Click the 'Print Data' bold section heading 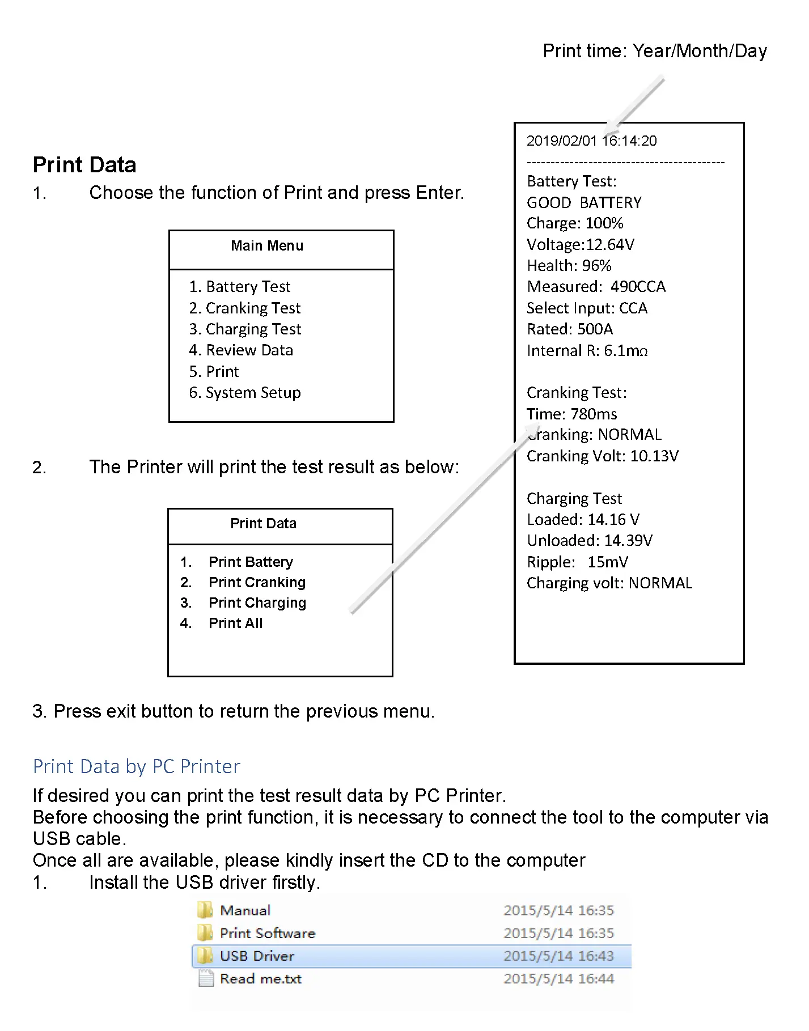click(x=84, y=165)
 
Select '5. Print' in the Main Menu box click(x=214, y=372)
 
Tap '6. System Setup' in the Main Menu click(x=244, y=393)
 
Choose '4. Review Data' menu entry click(x=241, y=350)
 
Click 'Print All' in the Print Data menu click(x=235, y=623)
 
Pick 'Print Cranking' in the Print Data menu click(x=257, y=583)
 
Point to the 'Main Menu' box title click(x=267, y=246)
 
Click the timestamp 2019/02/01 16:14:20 click(x=591, y=141)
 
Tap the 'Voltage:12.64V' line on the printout click(x=581, y=245)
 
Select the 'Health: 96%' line click(x=569, y=266)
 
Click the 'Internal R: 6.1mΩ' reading click(x=587, y=351)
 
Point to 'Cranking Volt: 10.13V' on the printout click(x=602, y=456)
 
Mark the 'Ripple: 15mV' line click(x=577, y=562)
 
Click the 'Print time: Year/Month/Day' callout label click(x=655, y=52)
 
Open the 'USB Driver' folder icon click(x=205, y=956)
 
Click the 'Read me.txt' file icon click(x=206, y=979)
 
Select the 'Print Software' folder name click(x=267, y=934)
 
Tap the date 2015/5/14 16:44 click(x=558, y=979)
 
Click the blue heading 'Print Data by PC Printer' click(x=137, y=767)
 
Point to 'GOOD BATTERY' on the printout click(x=584, y=203)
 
